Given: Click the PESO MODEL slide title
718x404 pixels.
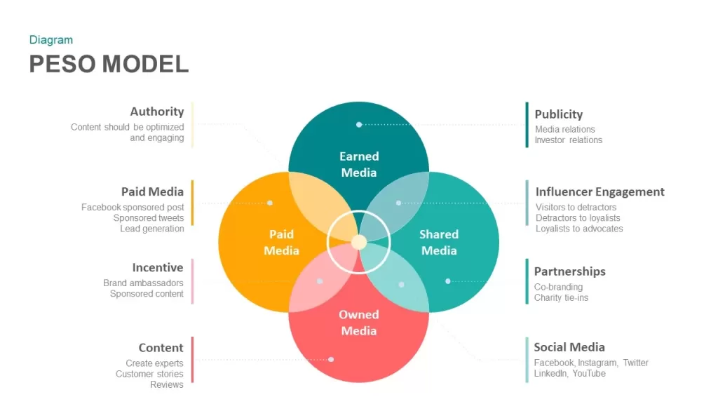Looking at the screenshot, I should point(109,64).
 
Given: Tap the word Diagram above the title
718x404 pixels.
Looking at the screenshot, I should point(51,40).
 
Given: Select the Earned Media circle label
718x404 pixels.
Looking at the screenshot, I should point(359,164).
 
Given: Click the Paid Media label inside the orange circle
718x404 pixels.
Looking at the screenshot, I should point(281,242).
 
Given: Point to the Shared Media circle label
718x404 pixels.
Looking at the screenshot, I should point(439,242).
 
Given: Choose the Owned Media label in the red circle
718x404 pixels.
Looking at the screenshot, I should point(359,322).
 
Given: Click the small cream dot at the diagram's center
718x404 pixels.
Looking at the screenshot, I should point(359,242).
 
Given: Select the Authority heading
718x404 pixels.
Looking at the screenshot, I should point(157,112).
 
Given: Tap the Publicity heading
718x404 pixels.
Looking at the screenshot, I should point(559,114).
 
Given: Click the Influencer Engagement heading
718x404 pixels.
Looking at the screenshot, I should point(600,191).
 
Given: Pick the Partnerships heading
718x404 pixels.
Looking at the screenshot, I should point(569,271).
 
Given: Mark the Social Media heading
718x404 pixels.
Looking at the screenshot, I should point(569,347).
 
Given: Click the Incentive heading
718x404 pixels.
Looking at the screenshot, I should point(158,267).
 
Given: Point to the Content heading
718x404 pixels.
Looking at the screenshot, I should point(161,348).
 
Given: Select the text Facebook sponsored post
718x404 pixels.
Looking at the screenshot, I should point(133,208).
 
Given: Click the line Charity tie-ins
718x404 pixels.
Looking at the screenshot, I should point(561,297).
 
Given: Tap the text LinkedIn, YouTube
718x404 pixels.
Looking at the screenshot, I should point(569,373).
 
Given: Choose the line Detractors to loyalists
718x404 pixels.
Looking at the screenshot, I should point(578,218).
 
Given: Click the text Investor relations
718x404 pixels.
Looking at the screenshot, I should point(569,140).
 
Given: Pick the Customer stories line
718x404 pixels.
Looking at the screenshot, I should point(149,374).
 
